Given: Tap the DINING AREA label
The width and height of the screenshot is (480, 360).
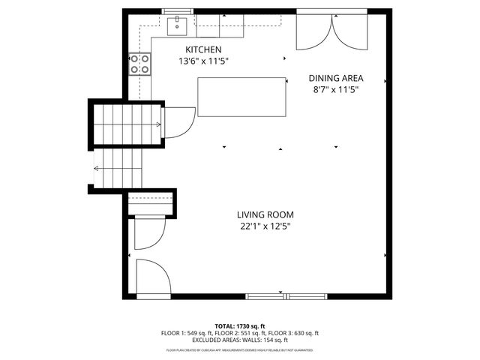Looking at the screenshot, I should [336, 78].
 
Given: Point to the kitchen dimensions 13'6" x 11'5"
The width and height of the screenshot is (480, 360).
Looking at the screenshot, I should [202, 61].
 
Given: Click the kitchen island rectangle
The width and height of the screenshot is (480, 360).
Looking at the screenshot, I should [242, 97].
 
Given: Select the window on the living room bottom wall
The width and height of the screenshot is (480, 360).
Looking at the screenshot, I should [288, 295].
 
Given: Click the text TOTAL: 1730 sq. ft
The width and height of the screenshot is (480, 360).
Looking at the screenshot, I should [239, 326].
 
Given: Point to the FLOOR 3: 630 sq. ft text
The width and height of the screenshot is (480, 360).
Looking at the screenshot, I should [295, 333].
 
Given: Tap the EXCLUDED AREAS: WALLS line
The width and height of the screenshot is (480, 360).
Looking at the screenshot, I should [239, 340].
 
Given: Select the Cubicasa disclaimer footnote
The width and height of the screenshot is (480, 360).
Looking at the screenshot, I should [239, 349].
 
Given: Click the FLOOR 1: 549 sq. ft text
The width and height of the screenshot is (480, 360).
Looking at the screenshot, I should [184, 333].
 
